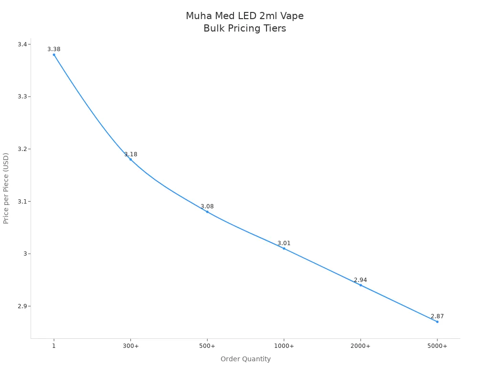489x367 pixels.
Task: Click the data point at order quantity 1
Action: point(54,54)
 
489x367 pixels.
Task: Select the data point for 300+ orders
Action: point(130,159)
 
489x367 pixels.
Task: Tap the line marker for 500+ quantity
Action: point(207,212)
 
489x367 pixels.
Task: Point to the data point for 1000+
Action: point(284,248)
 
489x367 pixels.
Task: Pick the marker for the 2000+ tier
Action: point(361,285)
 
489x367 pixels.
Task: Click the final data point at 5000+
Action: point(437,322)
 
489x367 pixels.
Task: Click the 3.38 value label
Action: point(54,49)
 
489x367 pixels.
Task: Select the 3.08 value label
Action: point(207,206)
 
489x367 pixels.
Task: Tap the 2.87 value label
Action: point(437,316)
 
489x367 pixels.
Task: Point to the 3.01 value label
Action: point(284,243)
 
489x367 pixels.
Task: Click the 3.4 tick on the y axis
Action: point(22,44)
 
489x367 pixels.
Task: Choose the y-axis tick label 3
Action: point(25,254)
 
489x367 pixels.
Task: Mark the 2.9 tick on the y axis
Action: point(22,306)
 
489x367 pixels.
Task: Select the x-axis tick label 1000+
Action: point(284,346)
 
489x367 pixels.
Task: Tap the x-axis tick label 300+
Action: point(130,346)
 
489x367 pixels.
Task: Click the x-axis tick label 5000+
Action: point(437,346)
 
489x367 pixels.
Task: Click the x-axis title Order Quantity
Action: point(245,359)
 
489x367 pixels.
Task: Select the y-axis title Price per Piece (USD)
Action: point(6,188)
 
